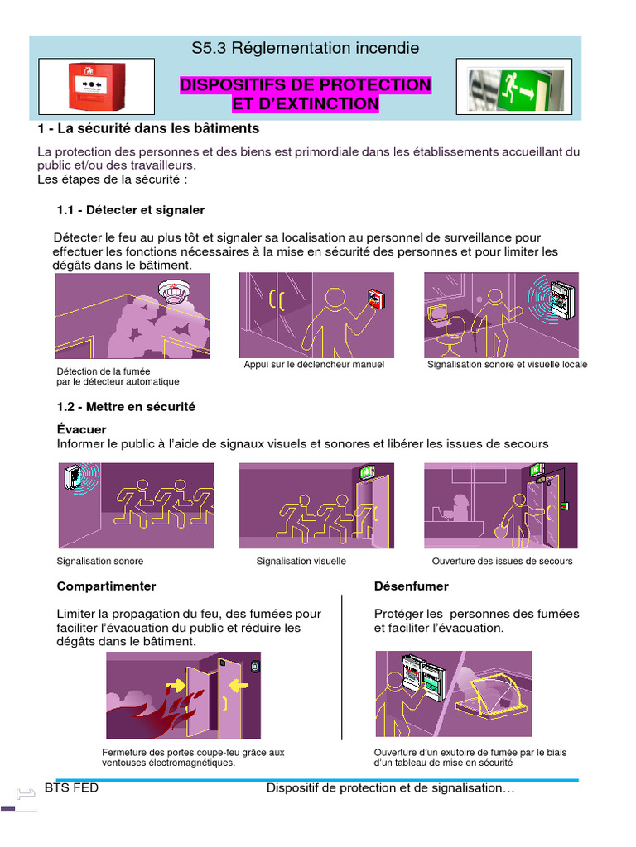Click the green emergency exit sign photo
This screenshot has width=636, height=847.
tap(513, 86)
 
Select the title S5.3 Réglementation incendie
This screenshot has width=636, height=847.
tap(305, 49)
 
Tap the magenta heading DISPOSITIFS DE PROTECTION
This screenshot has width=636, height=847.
tap(305, 85)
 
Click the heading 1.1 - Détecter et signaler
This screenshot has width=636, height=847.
tap(130, 210)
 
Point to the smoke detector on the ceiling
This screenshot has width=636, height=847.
tap(175, 292)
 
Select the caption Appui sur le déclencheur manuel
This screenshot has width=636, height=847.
tap(314, 365)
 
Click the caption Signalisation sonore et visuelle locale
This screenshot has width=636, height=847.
tap(507, 365)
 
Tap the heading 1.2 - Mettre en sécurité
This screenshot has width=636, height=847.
tap(126, 407)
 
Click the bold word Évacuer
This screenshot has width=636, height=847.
tap(81, 430)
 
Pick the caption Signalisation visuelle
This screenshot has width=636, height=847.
tap(301, 562)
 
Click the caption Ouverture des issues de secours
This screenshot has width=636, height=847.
tap(502, 562)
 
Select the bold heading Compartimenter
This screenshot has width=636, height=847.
tap(106, 586)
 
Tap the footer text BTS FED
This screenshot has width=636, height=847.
tap(71, 788)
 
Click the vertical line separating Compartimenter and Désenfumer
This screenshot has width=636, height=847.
tap(342, 666)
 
